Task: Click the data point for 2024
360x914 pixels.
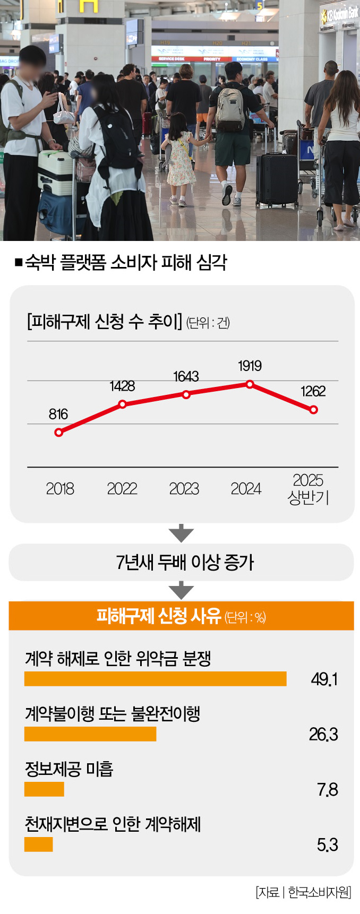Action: tap(250, 384)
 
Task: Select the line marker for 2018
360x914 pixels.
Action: tap(59, 432)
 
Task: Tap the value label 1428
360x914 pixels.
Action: tap(122, 386)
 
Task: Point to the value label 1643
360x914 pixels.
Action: tap(186, 376)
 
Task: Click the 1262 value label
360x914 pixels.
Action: tap(313, 391)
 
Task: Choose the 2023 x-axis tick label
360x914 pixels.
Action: tap(184, 488)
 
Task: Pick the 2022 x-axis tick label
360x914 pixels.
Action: tap(122, 488)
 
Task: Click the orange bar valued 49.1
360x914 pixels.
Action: tap(155, 679)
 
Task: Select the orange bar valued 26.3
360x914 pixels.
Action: tap(90, 734)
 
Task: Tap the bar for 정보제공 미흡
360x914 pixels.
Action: tap(44, 789)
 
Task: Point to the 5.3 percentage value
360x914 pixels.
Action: tap(327, 844)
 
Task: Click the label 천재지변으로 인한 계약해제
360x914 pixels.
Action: tap(113, 824)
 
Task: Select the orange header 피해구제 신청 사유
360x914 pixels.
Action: tap(181, 616)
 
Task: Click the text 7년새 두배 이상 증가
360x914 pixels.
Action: tap(185, 562)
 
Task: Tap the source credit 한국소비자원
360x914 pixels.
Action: tap(319, 892)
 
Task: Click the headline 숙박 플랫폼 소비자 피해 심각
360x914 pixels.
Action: tap(126, 262)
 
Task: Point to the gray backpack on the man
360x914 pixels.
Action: tap(230, 109)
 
